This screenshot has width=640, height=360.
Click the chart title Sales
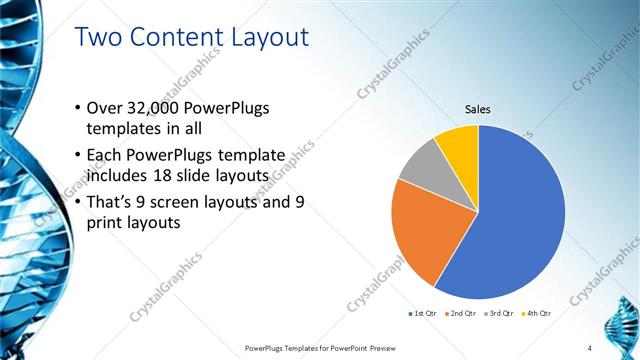coord(478,109)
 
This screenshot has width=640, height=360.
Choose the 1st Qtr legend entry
coord(424,313)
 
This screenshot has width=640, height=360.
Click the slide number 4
coord(618,347)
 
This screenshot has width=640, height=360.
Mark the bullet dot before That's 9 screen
coord(80,201)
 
